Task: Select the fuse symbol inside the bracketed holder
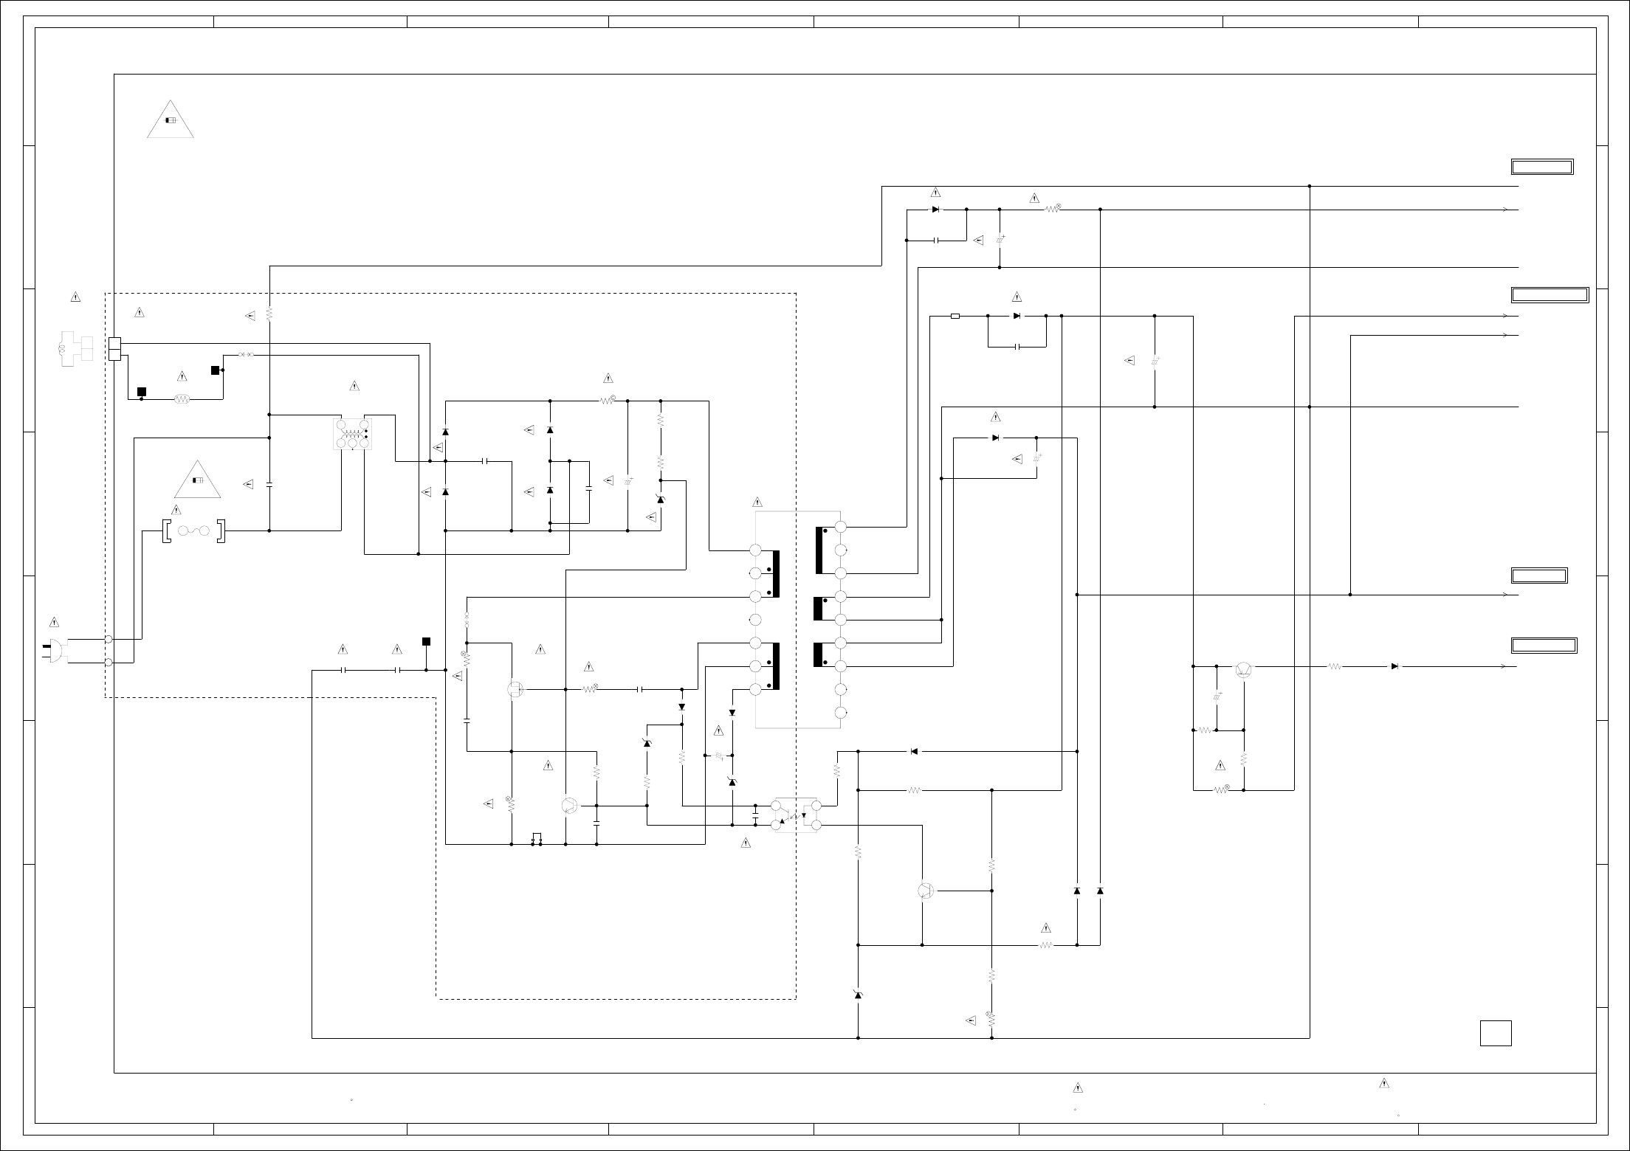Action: pos(193,530)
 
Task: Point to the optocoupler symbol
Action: pos(795,816)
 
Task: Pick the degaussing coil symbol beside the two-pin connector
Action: pos(75,349)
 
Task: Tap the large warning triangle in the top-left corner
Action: pos(171,120)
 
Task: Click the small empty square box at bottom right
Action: pos(1496,1033)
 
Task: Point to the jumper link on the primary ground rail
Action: pos(537,840)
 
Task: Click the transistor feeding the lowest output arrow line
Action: pos(1243,670)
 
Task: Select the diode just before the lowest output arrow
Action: pos(1395,666)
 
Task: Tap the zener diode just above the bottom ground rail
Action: pos(858,995)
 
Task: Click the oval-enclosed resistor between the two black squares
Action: pos(182,399)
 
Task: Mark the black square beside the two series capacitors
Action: pos(426,641)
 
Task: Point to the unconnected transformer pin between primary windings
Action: pos(755,619)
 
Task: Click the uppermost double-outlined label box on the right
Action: pos(1542,167)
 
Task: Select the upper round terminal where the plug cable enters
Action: pos(109,639)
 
